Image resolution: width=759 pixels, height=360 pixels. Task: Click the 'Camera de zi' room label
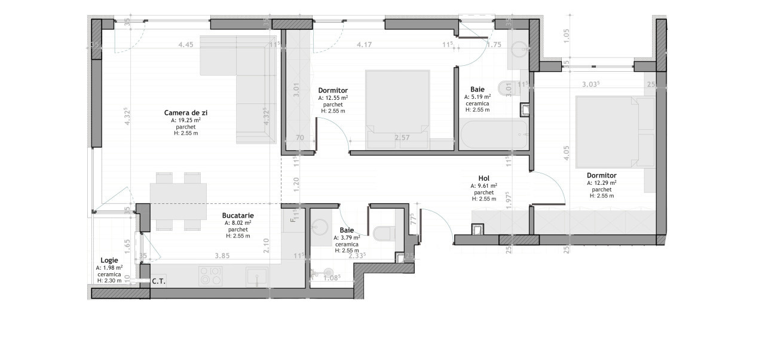tap(185, 112)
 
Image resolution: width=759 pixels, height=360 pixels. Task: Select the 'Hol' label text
tap(484, 178)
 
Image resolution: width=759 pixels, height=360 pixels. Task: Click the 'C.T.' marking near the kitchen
tap(158, 280)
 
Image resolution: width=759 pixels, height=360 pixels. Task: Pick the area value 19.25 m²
tap(185, 120)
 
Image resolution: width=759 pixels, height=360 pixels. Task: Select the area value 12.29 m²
tap(602, 182)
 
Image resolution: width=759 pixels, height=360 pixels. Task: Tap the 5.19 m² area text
tap(478, 96)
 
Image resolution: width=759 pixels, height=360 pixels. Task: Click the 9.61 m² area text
tap(484, 186)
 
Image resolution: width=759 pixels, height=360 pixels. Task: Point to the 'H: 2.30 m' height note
tap(109, 280)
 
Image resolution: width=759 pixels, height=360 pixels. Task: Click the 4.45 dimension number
tap(186, 45)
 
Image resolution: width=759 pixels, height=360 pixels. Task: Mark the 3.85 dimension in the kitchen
tap(222, 255)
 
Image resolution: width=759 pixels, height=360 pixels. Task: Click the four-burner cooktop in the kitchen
tap(210, 276)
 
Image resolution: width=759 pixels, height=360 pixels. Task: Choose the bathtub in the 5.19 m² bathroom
tap(494, 135)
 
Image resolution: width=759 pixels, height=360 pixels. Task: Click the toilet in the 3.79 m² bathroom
tap(383, 231)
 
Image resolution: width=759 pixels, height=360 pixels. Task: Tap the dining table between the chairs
tap(177, 201)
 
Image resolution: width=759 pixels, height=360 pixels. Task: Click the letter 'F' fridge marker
tap(292, 220)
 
